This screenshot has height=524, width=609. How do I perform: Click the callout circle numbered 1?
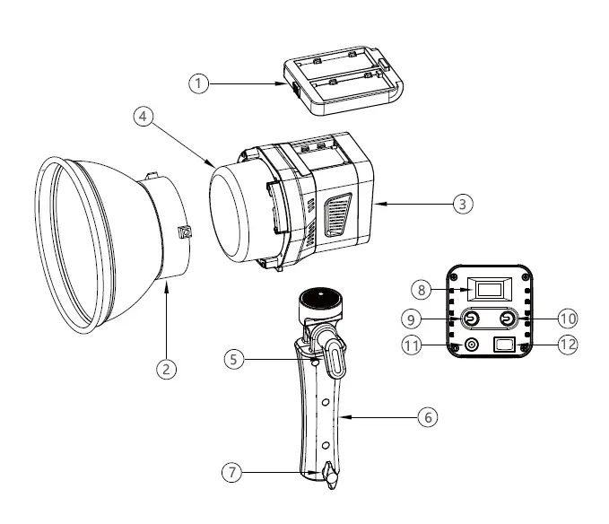198,83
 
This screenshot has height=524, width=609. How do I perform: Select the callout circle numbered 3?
461,204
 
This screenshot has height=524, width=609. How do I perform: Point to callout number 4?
141,116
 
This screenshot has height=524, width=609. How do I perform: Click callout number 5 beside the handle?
234,359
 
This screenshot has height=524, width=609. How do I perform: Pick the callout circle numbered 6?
429,417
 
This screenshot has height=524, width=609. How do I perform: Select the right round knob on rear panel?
509,319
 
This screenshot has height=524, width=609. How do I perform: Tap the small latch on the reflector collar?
185,232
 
